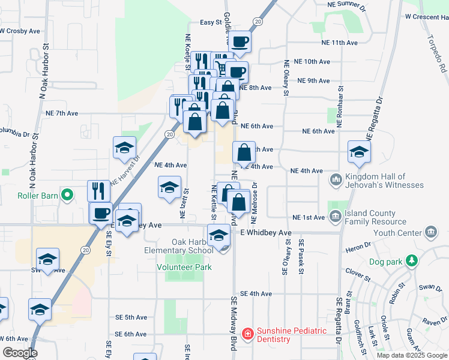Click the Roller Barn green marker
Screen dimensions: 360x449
pos(68,194)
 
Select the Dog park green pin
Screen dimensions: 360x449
pos(411,260)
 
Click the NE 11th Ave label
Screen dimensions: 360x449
pos(339,43)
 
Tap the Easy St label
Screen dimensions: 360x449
pos(211,22)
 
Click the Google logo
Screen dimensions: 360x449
pos(20,353)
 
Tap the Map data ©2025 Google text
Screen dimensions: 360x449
pos(412,355)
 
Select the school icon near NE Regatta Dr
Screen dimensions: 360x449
pos(359,151)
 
